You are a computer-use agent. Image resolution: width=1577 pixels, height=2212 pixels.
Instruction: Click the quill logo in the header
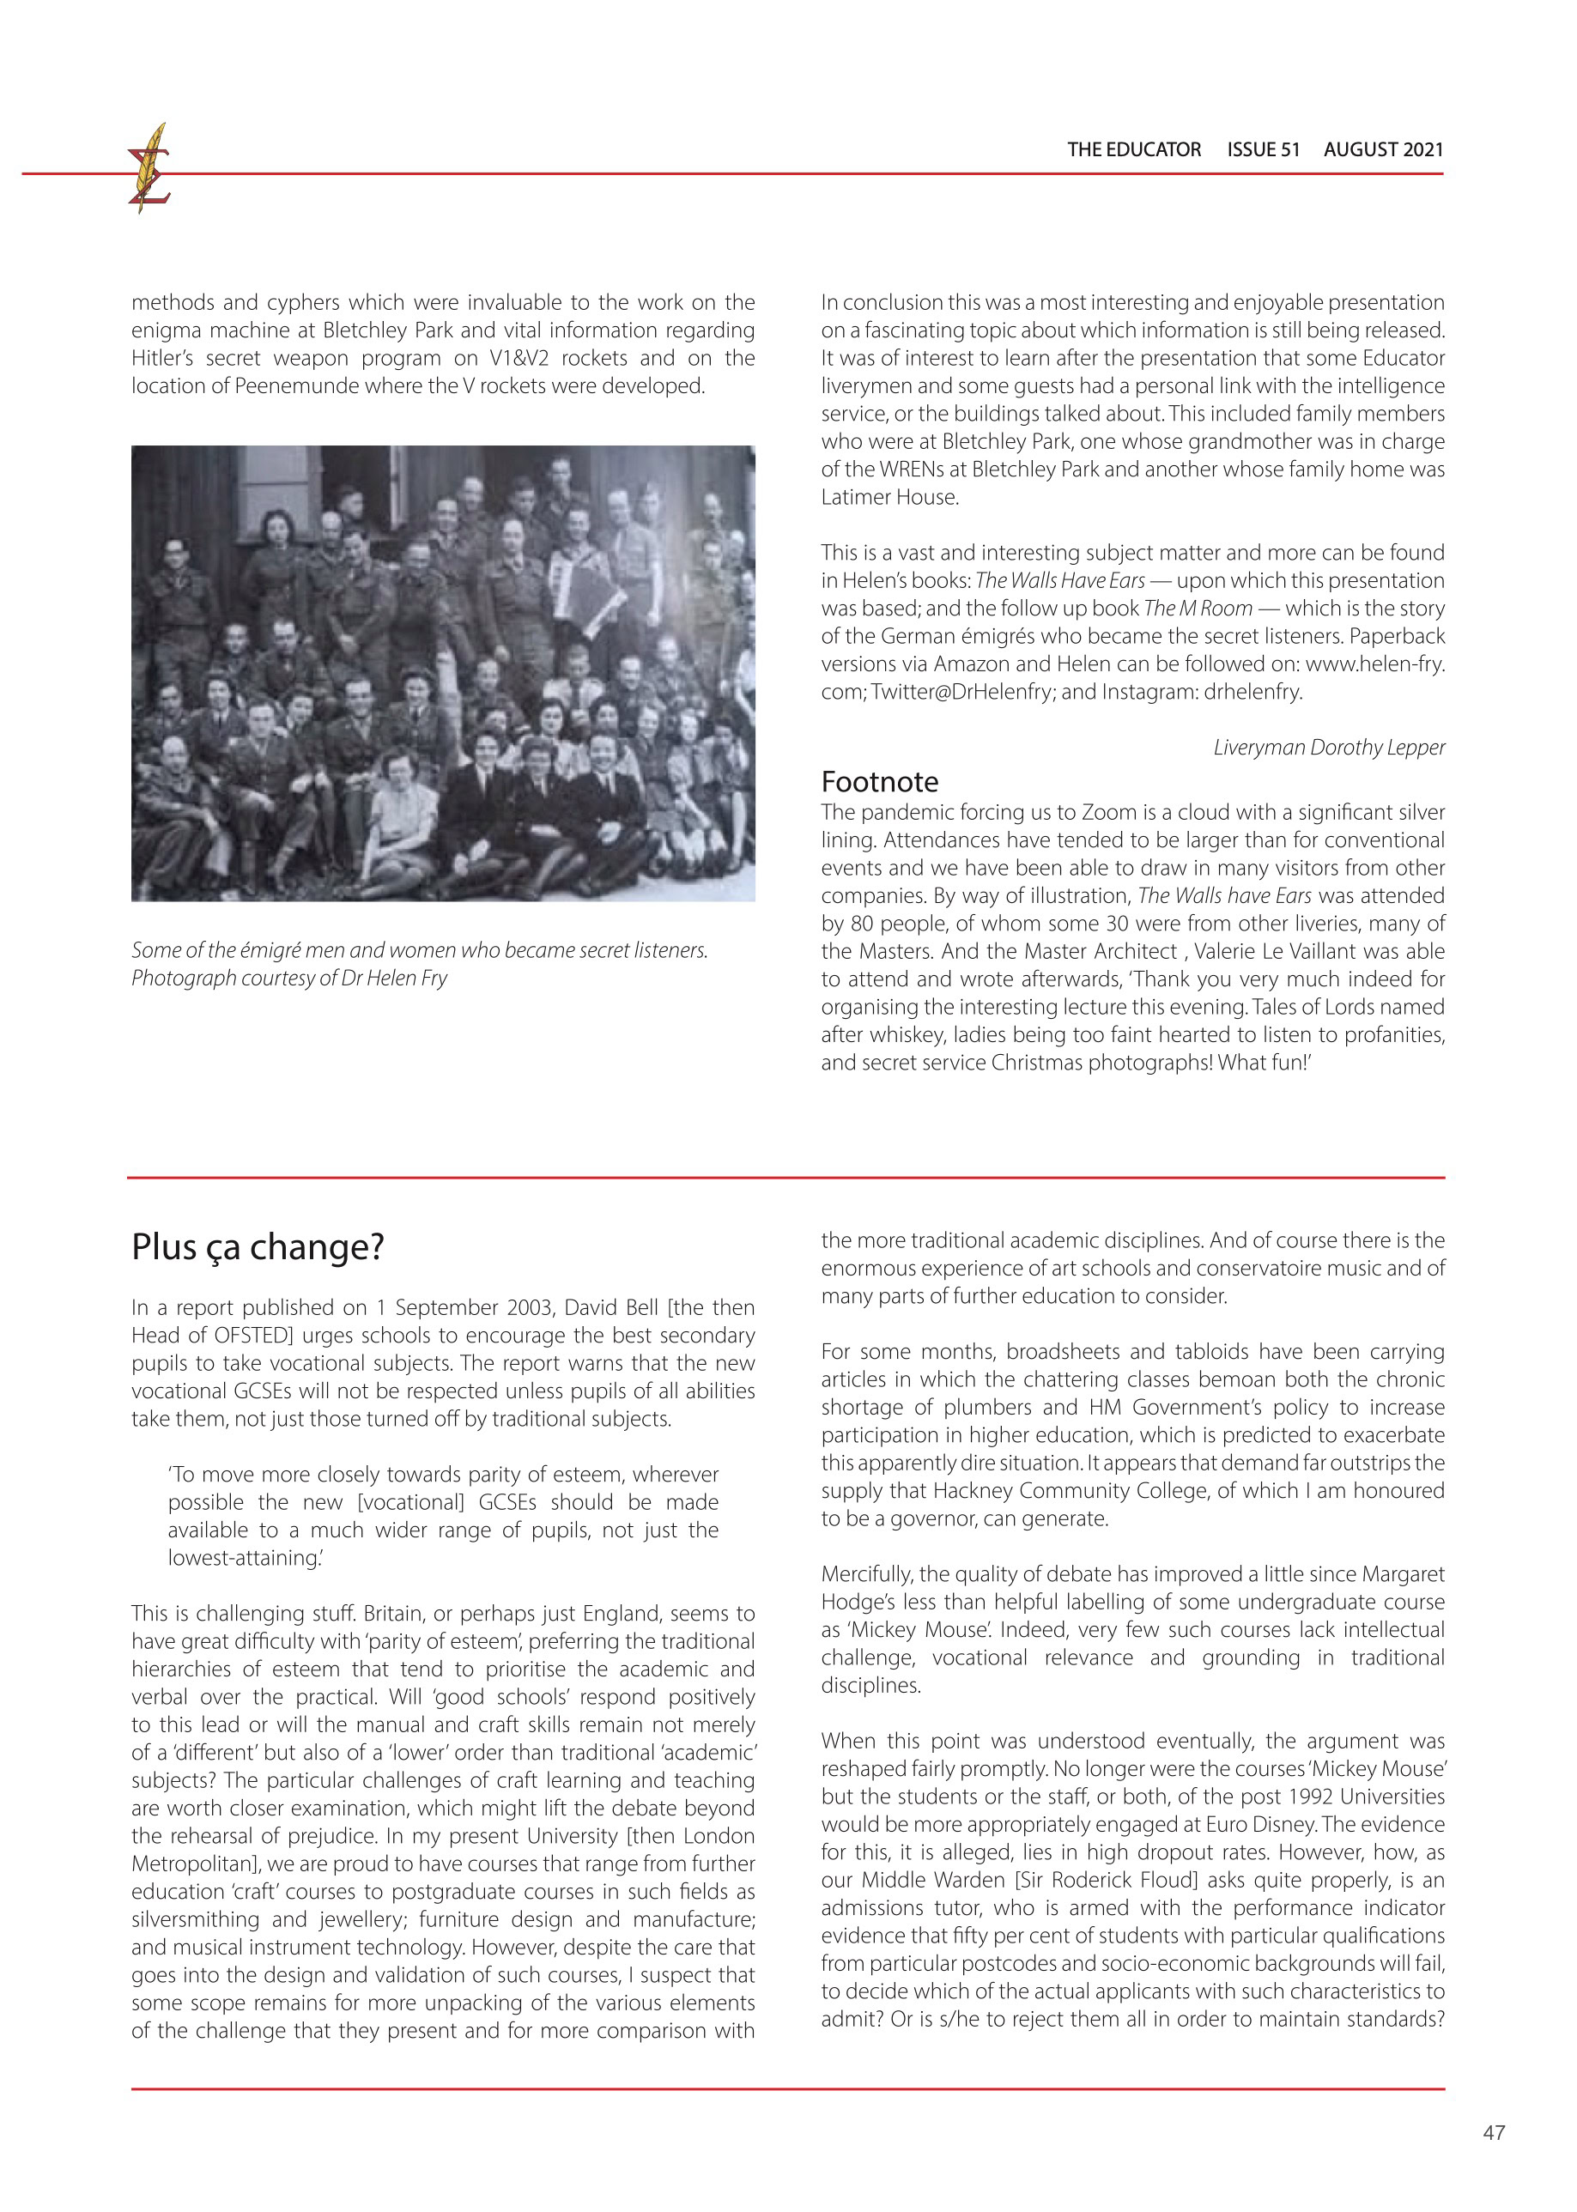point(149,169)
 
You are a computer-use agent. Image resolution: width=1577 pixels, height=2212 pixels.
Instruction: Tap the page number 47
point(1494,2132)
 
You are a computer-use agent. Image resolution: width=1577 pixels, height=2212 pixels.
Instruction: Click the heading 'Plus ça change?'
point(258,1247)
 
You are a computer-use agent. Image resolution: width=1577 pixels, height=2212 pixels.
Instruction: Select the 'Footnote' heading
point(879,782)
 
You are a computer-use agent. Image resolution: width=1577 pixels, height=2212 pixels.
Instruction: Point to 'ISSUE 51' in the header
point(1263,149)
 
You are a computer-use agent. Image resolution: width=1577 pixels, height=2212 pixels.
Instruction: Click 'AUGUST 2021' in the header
point(1383,149)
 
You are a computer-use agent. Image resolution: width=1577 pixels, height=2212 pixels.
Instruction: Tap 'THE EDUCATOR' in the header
point(1133,149)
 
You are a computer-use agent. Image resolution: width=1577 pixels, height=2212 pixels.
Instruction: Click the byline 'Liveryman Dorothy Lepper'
point(1328,747)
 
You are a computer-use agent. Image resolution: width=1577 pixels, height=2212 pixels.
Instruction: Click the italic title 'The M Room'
point(1198,609)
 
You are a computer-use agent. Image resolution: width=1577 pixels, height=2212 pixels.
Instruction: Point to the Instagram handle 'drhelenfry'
point(1253,693)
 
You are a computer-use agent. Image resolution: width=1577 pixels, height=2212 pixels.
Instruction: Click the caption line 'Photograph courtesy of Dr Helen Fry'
point(289,978)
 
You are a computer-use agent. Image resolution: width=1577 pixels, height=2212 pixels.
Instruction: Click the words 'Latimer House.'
point(889,497)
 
